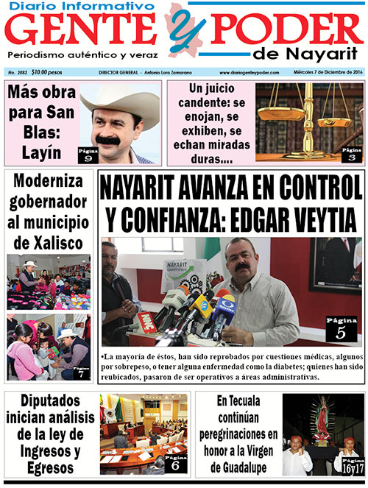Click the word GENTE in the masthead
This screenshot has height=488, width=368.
point(85,31)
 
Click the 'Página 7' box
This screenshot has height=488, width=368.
point(81,371)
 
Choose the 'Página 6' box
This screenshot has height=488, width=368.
point(174,462)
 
